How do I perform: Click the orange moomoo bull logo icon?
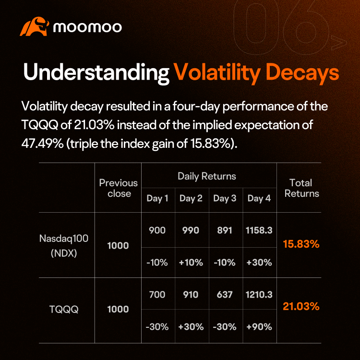coord(35,26)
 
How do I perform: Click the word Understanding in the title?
coord(96,73)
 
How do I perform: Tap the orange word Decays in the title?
coord(302,73)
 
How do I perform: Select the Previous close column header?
coord(118,188)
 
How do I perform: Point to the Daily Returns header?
coord(207,176)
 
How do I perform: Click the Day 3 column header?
coord(225,198)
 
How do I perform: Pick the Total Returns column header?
coord(302,188)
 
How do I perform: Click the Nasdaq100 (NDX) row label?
coord(64,246)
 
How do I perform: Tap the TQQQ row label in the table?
coord(64,309)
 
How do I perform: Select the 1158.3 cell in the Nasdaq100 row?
coord(259,230)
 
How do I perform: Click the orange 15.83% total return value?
coord(301,244)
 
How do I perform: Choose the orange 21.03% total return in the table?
coord(301,306)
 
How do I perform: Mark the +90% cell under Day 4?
coord(259,326)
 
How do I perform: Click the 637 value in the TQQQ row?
coord(225,294)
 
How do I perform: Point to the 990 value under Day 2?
coord(191,230)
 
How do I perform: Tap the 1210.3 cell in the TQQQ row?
coord(259,294)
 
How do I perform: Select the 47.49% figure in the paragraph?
coord(42,144)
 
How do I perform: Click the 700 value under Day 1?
coord(157,294)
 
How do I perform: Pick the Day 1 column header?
coord(157,198)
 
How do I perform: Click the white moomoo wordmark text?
coord(87,27)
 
